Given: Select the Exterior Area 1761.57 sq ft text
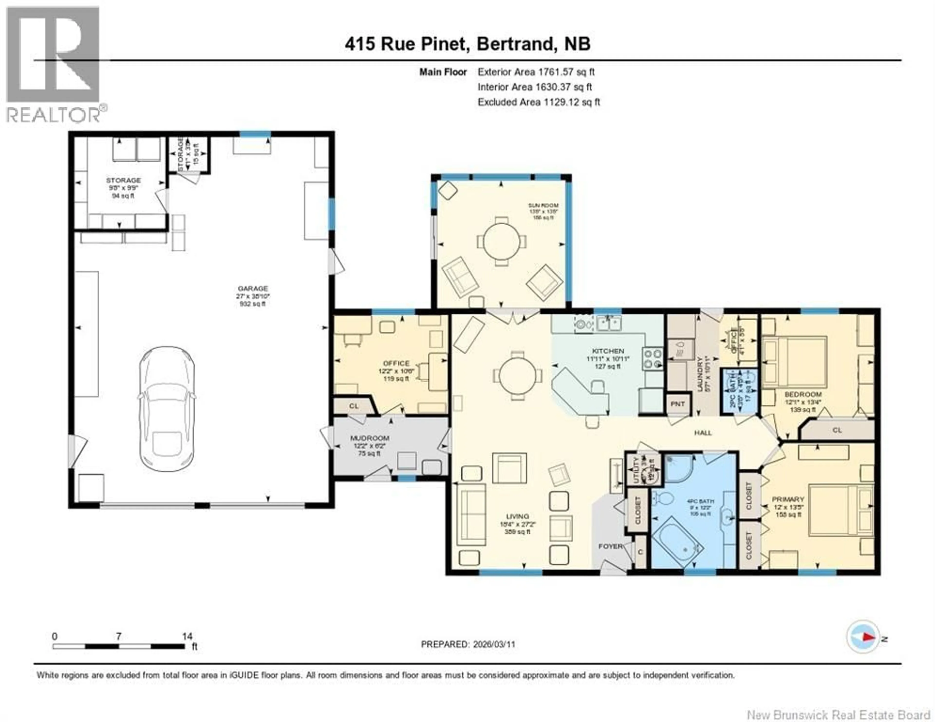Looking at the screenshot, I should coord(536,72).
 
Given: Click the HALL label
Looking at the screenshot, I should coord(703,433).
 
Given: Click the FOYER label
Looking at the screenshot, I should coord(610,547).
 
